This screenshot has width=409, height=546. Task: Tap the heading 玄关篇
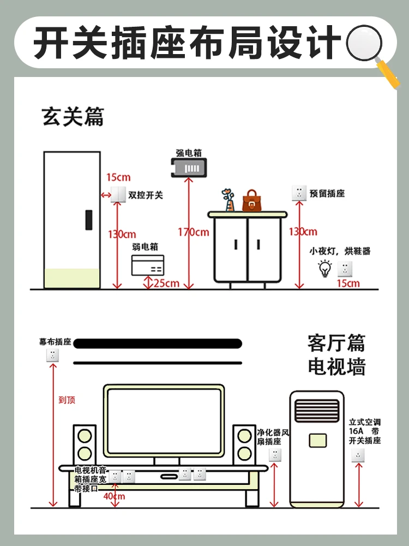tap(73, 116)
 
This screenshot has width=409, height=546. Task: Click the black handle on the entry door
tap(88, 219)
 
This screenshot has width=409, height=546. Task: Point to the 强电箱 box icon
tap(189, 168)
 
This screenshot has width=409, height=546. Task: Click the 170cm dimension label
tap(193, 232)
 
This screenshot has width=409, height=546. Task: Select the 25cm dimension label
tap(167, 283)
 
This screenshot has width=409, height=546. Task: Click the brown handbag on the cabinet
tap(251, 201)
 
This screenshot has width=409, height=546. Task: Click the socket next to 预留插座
tap(299, 193)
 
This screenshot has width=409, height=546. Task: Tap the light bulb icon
tap(325, 268)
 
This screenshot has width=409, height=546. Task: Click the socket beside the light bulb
tap(345, 268)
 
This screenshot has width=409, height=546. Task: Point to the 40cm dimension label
tap(115, 496)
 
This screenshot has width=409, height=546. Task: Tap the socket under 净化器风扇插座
tap(275, 454)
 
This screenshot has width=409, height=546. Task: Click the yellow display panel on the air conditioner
tap(317, 441)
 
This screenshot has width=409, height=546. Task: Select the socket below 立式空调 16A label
tap(358, 455)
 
